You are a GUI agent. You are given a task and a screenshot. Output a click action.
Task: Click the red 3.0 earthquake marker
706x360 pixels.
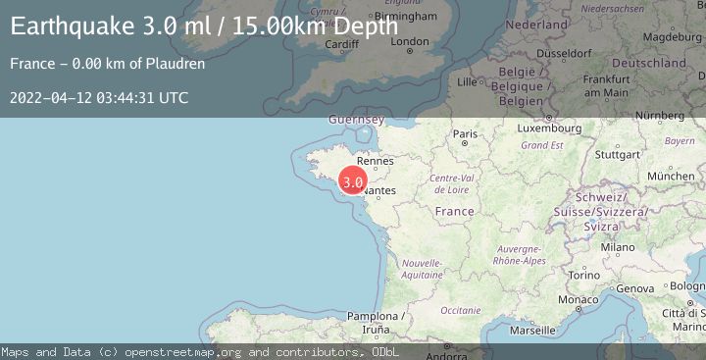click(353, 181)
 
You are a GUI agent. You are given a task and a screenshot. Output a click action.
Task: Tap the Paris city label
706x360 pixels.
click(464, 133)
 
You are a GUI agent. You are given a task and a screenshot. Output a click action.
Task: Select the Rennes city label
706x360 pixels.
click(376, 161)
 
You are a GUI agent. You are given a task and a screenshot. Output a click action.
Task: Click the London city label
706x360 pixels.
click(410, 41)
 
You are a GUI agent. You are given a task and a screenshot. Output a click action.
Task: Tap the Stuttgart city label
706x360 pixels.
click(617, 154)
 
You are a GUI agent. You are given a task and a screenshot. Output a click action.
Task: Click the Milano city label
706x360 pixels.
click(618, 247)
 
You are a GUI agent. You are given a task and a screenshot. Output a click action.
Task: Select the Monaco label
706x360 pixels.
click(578, 298)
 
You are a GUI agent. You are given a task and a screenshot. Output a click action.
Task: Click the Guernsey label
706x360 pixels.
click(356, 120)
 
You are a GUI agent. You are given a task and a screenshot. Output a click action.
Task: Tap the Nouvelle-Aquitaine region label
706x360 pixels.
click(423, 269)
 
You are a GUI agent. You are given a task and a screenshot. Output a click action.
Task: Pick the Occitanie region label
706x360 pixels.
click(461, 310)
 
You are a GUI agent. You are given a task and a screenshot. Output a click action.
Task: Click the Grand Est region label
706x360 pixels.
click(541, 145)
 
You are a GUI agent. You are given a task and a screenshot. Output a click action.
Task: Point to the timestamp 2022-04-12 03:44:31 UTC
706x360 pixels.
click(99, 97)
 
